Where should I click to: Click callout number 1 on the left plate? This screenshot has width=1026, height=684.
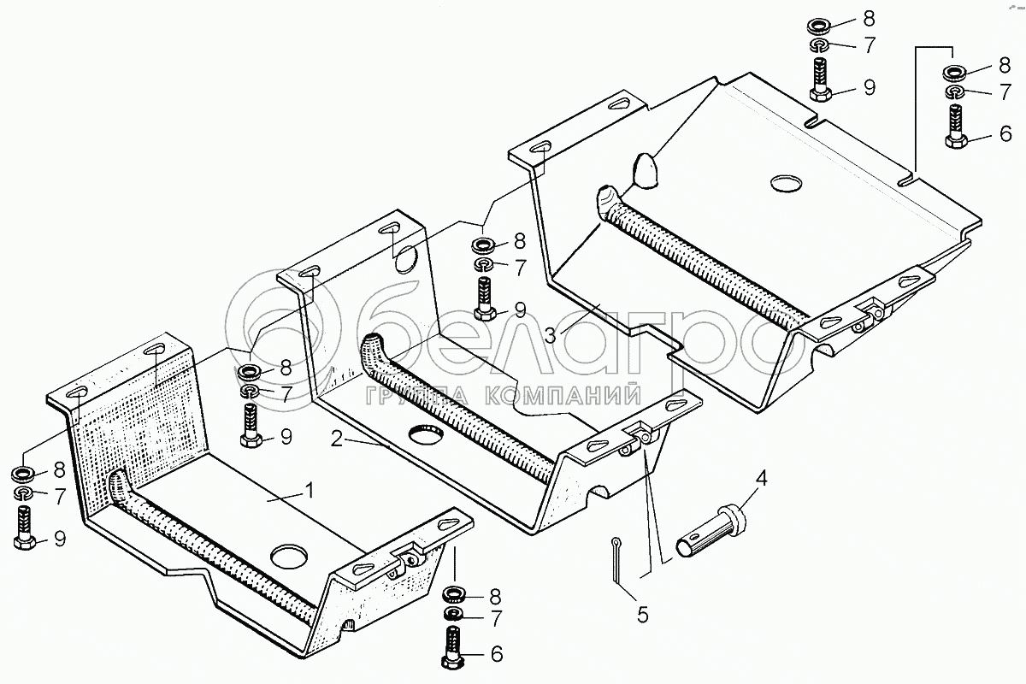(x=310, y=490)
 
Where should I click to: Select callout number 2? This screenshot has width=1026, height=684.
(x=338, y=439)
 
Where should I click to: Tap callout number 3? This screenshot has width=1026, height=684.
(x=550, y=333)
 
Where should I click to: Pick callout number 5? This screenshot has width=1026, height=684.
(x=642, y=613)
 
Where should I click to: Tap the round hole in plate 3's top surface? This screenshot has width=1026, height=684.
(x=787, y=183)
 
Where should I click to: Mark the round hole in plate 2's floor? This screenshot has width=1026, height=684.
(x=426, y=433)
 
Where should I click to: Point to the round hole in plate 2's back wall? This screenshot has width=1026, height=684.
(x=404, y=256)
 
